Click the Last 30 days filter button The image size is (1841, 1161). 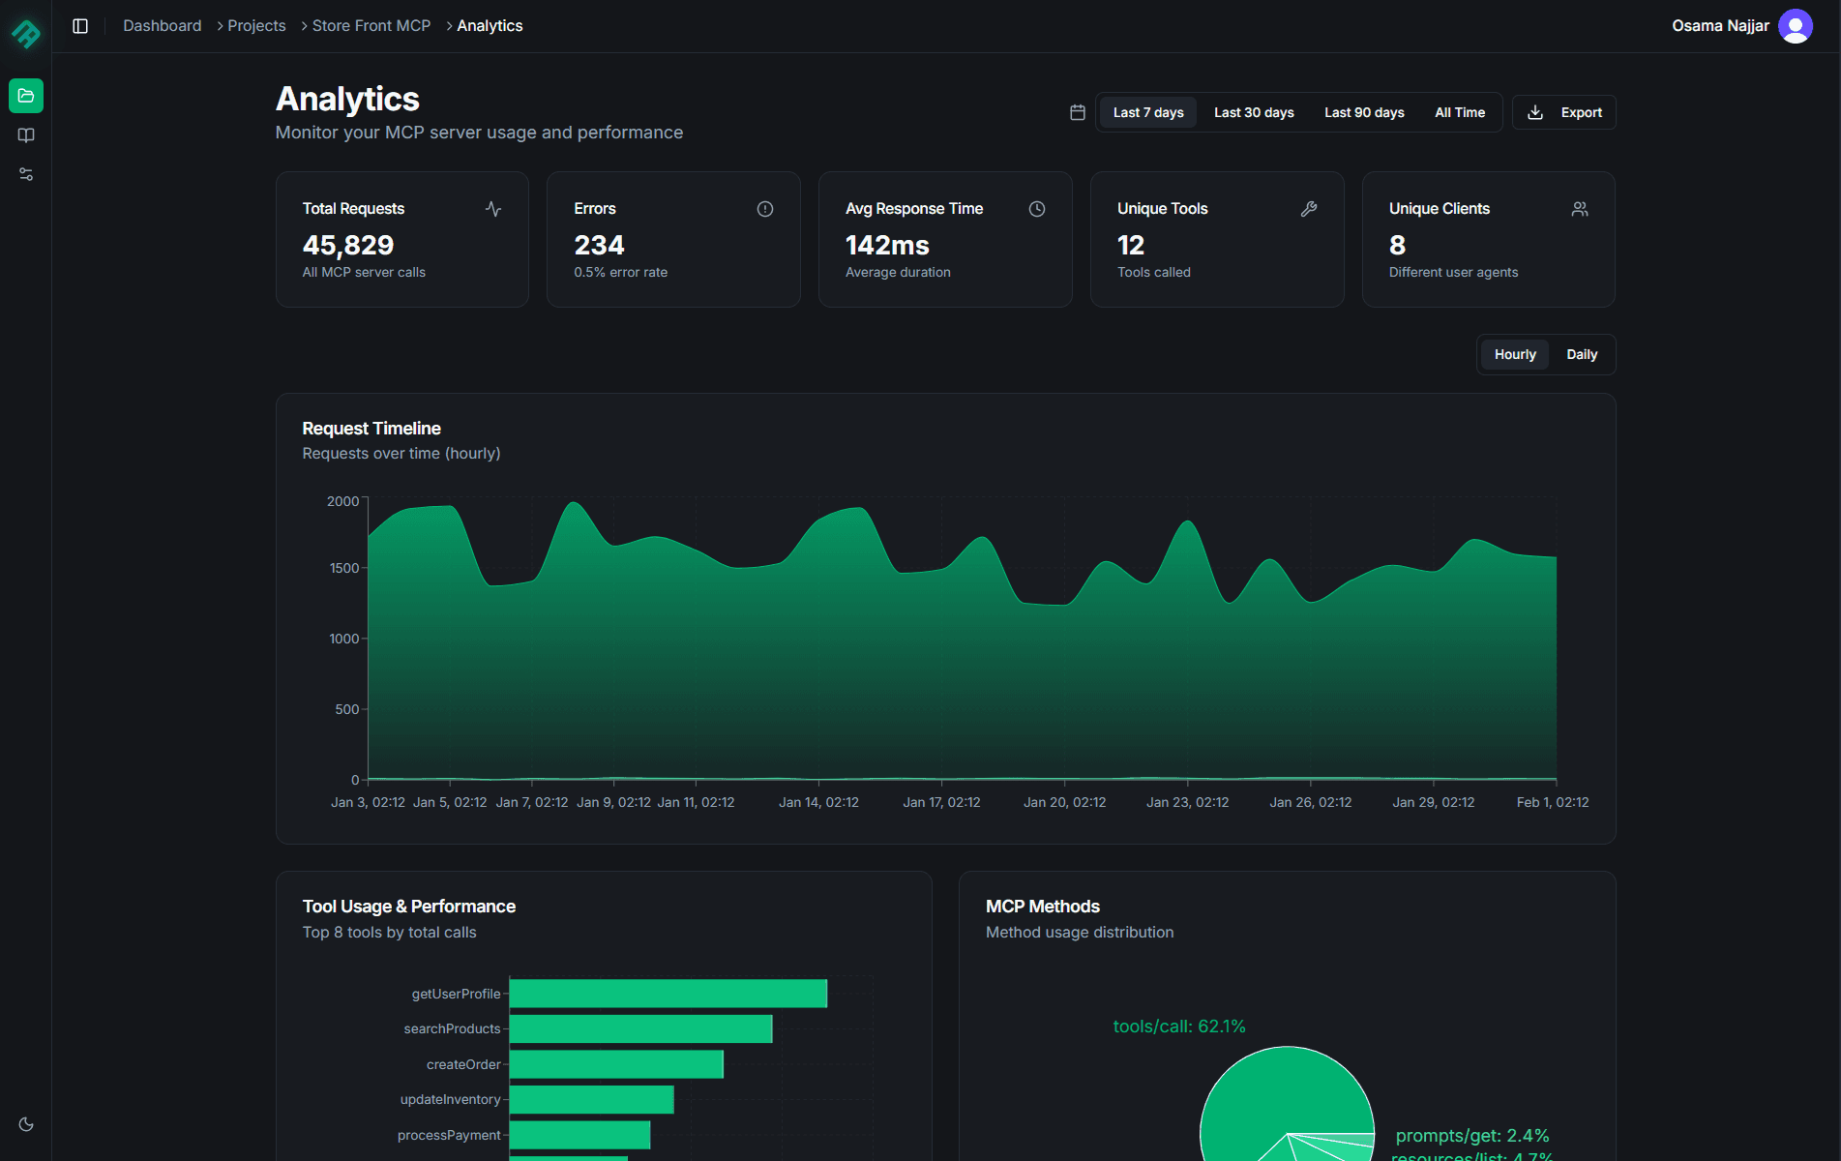[1254, 112]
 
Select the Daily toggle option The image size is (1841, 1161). [1581, 354]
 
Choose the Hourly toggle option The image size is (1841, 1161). [1514, 354]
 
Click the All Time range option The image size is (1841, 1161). [1459, 112]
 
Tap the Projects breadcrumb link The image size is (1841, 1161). [256, 26]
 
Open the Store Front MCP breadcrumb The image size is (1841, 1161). [371, 26]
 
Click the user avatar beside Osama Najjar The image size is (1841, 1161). [1795, 26]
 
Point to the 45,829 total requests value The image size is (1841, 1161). [348, 245]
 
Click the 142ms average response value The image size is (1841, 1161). [887, 245]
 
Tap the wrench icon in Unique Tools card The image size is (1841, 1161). [1308, 209]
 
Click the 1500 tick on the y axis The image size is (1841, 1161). [343, 568]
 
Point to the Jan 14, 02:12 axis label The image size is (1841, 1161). [818, 802]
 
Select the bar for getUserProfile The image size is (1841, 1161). [668, 994]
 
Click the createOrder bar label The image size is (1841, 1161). [463, 1064]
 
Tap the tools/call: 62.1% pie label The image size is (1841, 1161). [1178, 1027]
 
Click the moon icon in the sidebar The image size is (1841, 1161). [26, 1124]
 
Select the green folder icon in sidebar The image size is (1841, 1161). [26, 96]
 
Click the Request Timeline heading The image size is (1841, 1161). [371, 429]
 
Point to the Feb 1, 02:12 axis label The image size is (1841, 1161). [1552, 802]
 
